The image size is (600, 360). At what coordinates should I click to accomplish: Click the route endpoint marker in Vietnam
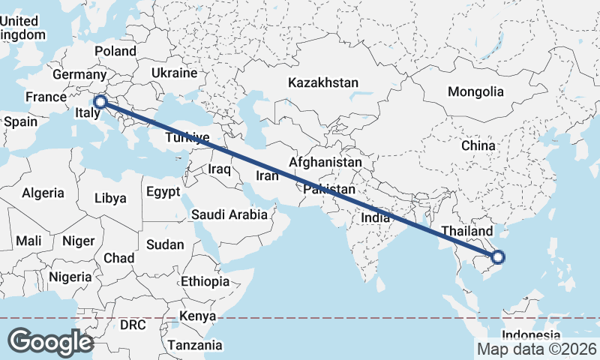tap(498, 258)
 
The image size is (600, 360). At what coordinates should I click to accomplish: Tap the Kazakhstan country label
tap(323, 82)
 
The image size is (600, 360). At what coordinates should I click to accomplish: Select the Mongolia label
tap(475, 91)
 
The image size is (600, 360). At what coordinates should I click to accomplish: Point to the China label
tap(478, 145)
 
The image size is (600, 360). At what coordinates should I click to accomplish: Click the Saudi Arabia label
tap(229, 214)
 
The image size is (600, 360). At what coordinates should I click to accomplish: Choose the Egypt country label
tap(163, 191)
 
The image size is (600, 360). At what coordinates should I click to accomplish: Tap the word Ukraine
tap(174, 73)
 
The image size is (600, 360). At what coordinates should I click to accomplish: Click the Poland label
tap(115, 51)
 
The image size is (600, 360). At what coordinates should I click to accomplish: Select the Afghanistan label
tap(325, 162)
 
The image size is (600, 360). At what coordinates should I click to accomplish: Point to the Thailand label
tap(467, 231)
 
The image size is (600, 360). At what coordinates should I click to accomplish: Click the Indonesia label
tap(531, 334)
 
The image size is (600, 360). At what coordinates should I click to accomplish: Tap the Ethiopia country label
tap(205, 281)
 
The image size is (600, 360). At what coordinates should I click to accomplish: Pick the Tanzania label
tap(195, 345)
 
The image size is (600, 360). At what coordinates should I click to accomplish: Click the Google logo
tap(50, 341)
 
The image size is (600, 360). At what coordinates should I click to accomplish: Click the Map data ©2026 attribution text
tap(537, 349)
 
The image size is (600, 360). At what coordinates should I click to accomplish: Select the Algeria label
tap(43, 193)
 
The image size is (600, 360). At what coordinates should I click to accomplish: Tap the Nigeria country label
tap(70, 277)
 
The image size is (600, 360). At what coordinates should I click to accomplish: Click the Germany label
tap(79, 74)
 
